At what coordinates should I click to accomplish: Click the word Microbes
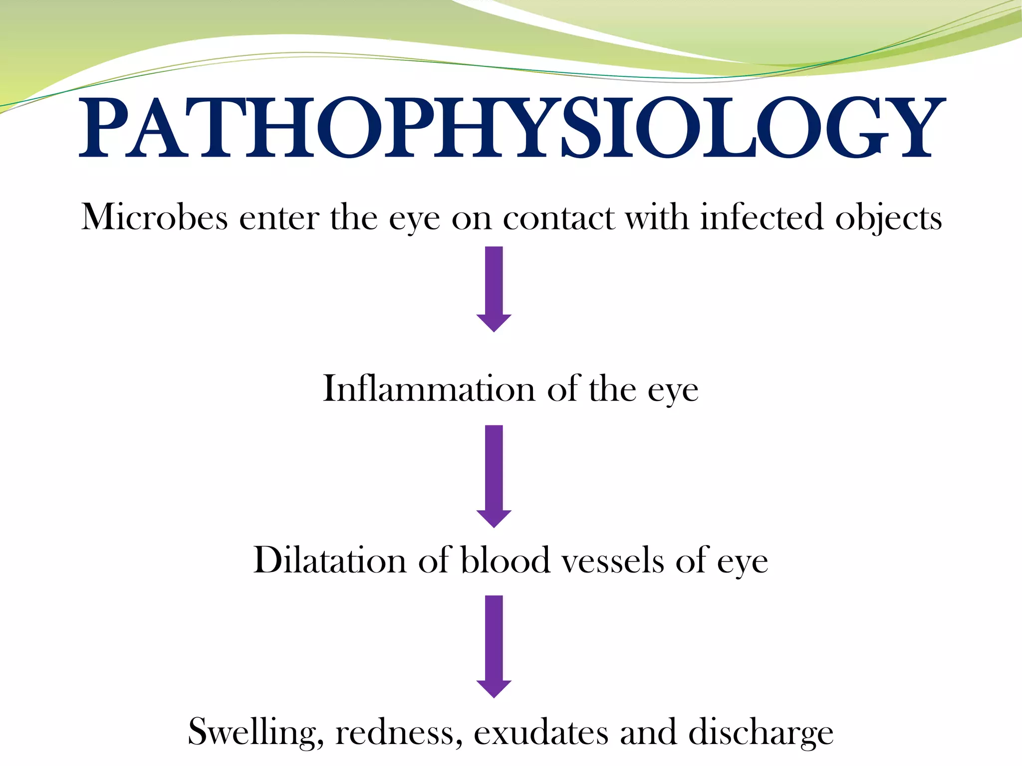[155, 217]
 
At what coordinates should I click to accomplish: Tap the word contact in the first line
[558, 218]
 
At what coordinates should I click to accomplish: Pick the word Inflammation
[429, 389]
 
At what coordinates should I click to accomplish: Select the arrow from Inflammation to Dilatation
[494, 476]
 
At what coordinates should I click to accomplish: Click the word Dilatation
[329, 561]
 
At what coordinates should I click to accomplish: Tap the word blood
[505, 561]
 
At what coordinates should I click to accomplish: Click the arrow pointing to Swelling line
[494, 646]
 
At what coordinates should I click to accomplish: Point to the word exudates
[540, 732]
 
